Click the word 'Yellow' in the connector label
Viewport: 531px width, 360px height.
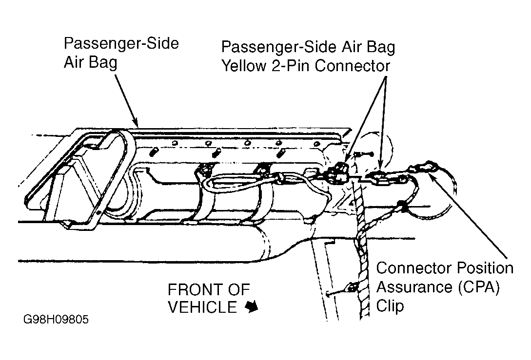243,66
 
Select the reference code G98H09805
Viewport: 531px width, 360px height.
56,319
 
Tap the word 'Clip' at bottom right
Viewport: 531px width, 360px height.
390,306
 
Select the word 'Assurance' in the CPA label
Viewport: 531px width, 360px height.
414,287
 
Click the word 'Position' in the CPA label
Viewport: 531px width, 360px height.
485,268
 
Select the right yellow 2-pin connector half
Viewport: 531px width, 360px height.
378,178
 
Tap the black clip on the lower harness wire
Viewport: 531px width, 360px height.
402,205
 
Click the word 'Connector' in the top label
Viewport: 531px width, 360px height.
352,66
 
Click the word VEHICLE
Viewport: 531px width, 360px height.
202,307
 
